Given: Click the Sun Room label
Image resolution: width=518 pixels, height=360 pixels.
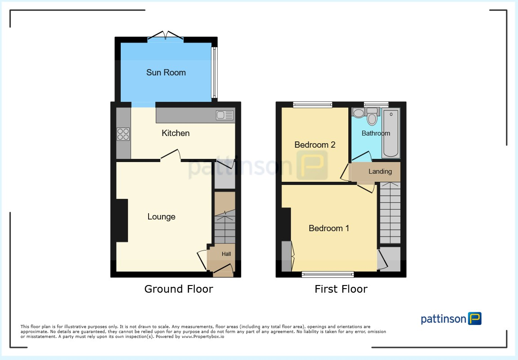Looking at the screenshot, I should tap(166, 73).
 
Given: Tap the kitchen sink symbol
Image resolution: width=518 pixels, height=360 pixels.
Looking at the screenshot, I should tap(225, 115).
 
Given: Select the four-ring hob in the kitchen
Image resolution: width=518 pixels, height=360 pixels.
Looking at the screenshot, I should tap(123, 134).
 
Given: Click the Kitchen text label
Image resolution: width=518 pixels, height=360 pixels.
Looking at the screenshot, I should tap(176, 133).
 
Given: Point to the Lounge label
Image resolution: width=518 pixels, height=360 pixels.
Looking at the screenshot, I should tap(161, 217).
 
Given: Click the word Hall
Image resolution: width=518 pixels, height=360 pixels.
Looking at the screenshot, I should tap(226, 254).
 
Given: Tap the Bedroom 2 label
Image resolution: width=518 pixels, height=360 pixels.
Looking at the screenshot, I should tap(315, 145).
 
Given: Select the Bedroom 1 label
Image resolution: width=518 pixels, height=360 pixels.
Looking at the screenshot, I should tap(329, 228).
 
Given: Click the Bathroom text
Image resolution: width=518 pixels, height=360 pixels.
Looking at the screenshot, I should tap(376, 133).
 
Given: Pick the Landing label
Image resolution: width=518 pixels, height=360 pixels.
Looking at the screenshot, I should tap(380, 171).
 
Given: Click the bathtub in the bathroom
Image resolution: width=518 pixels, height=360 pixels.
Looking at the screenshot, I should tap(391, 133).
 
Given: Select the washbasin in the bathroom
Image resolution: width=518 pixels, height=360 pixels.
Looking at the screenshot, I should tap(359, 113).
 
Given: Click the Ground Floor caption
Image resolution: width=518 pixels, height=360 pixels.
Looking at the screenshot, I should tap(178, 289).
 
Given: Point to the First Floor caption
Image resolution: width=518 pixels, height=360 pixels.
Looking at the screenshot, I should tap(341, 289).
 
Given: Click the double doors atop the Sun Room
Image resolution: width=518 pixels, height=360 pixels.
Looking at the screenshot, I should tap(166, 36).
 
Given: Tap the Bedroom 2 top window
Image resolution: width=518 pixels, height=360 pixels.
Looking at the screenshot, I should tap(313, 105).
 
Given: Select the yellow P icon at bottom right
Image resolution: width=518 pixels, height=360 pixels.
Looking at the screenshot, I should tap(474, 319).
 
